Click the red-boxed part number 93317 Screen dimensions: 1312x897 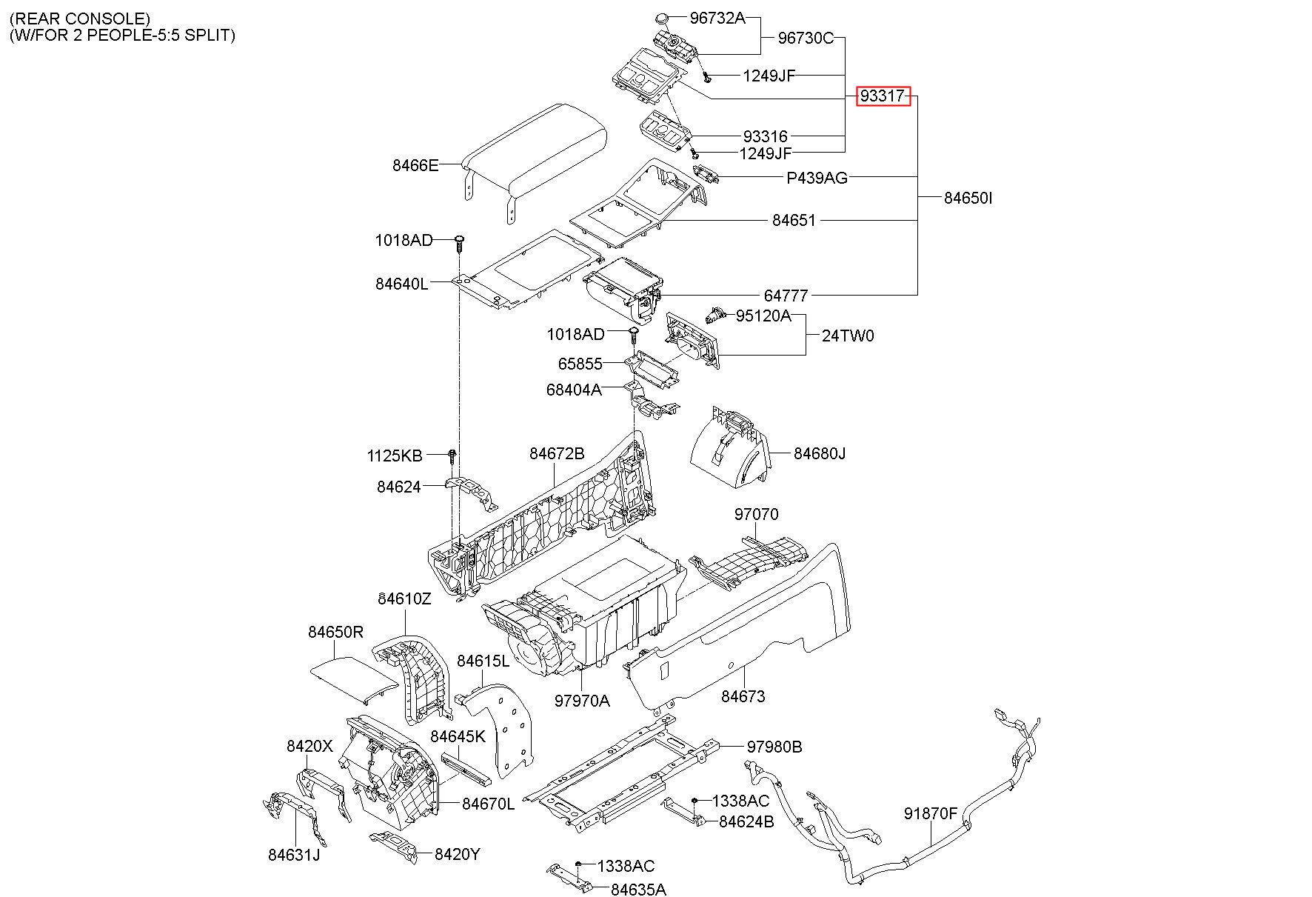coord(883,96)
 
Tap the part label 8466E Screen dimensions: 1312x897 coord(415,165)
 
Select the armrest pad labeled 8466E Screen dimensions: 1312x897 coord(533,156)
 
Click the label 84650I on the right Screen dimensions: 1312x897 coord(968,198)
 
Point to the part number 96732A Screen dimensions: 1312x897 coord(717,19)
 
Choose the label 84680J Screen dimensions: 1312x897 coord(820,453)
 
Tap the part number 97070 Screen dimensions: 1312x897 coord(757,514)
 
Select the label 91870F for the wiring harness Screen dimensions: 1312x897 coord(931,814)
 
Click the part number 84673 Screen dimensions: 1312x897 coord(743,696)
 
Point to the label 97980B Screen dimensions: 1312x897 coord(774,747)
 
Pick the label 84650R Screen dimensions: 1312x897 coord(335,632)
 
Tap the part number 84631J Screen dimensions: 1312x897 coord(294,855)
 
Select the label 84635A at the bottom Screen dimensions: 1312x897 coord(638,889)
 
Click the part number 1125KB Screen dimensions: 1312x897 coord(395,456)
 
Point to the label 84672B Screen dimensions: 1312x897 coord(557,453)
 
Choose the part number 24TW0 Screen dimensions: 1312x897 coord(848,336)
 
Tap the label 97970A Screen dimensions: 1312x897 coord(582,700)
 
